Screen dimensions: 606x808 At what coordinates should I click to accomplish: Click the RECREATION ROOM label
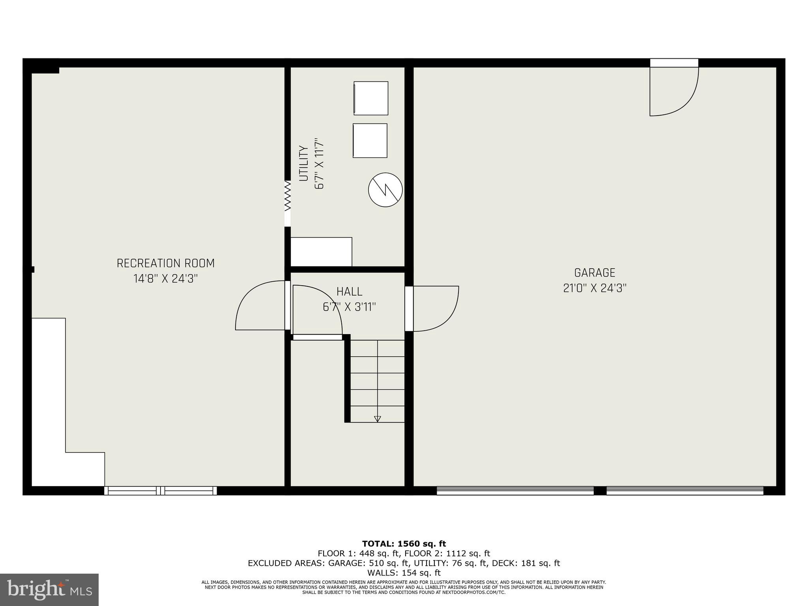click(166, 263)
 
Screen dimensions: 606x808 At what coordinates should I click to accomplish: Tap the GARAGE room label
click(595, 273)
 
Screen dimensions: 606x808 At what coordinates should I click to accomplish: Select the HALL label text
click(349, 292)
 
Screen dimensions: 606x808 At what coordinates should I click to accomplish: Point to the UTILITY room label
click(303, 163)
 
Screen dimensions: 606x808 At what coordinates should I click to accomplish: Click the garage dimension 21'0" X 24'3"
click(595, 288)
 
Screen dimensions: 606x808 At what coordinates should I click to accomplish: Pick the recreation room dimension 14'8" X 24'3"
click(166, 279)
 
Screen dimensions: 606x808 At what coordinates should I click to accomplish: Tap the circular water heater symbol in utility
click(385, 190)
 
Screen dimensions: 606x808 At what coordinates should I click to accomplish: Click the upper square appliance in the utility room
click(371, 98)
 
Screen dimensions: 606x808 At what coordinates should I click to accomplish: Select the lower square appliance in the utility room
click(370, 140)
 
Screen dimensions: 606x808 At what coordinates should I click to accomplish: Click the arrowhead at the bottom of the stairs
click(378, 419)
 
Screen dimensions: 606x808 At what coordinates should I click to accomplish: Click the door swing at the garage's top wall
click(674, 92)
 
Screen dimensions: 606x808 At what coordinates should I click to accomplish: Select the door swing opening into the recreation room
click(260, 305)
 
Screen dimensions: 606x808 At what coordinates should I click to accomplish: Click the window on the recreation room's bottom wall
click(161, 491)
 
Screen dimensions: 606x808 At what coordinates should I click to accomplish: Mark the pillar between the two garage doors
click(600, 491)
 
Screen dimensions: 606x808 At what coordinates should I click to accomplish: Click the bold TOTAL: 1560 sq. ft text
click(404, 544)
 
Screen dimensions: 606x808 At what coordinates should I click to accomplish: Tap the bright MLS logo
click(49, 590)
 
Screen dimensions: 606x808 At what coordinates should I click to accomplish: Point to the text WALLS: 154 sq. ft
click(404, 572)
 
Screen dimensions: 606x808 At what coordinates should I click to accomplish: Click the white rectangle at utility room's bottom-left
click(321, 252)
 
